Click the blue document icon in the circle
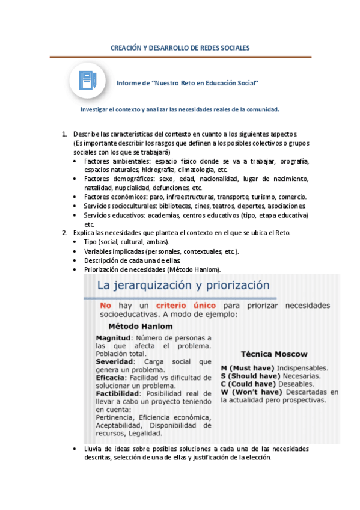88,80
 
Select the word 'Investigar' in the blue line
96,109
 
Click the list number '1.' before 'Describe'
66,133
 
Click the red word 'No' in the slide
106,306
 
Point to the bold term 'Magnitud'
114,338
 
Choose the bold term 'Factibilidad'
118,393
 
